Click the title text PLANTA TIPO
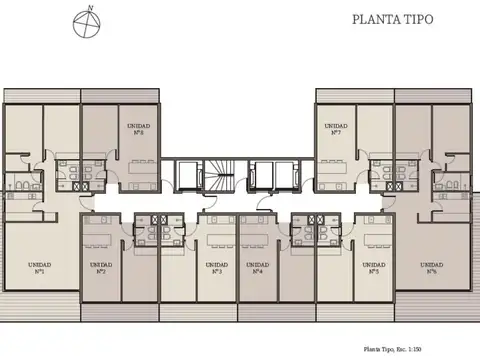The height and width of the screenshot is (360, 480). (x=393, y=19)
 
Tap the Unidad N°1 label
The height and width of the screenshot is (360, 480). (x=41, y=268)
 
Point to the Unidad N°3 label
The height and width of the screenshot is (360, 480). (x=216, y=268)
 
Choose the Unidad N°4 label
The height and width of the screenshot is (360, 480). (x=257, y=268)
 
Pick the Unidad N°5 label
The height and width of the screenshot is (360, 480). (x=373, y=268)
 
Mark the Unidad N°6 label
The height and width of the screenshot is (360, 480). (x=431, y=268)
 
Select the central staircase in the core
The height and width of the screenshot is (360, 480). (x=217, y=175)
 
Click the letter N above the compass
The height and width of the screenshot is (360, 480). (x=90, y=8)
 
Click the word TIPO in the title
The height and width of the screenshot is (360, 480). (x=417, y=19)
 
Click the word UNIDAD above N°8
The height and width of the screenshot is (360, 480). (x=138, y=125)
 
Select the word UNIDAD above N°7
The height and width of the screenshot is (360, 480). (x=334, y=125)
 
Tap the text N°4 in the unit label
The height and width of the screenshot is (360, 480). (x=257, y=272)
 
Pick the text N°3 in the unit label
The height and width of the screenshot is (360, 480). (x=216, y=272)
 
